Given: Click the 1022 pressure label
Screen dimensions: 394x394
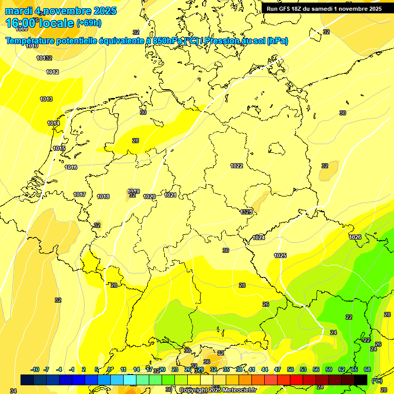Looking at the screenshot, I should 237,166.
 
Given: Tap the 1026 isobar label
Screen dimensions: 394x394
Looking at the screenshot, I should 355,237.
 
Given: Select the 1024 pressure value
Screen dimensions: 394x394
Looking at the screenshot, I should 259,238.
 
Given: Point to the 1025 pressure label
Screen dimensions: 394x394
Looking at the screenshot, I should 280,255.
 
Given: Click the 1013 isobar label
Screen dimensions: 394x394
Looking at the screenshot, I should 46,99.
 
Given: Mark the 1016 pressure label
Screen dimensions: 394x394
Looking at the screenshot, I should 71,168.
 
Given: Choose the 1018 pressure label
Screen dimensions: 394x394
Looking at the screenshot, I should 103,196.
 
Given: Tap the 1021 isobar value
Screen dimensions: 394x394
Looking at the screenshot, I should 170,195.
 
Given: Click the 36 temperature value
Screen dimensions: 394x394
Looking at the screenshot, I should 207,361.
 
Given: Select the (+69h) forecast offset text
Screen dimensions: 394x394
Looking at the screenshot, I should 89,23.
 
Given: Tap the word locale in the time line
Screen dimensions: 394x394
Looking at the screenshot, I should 57,23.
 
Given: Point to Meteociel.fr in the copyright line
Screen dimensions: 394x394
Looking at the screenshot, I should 239,390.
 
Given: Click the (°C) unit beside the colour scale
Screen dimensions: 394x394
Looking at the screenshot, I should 377,380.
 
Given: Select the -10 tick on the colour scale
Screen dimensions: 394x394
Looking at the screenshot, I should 35,369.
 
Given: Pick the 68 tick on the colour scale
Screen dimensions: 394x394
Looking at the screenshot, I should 367,369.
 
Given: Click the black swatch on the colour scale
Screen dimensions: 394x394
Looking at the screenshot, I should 361,380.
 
